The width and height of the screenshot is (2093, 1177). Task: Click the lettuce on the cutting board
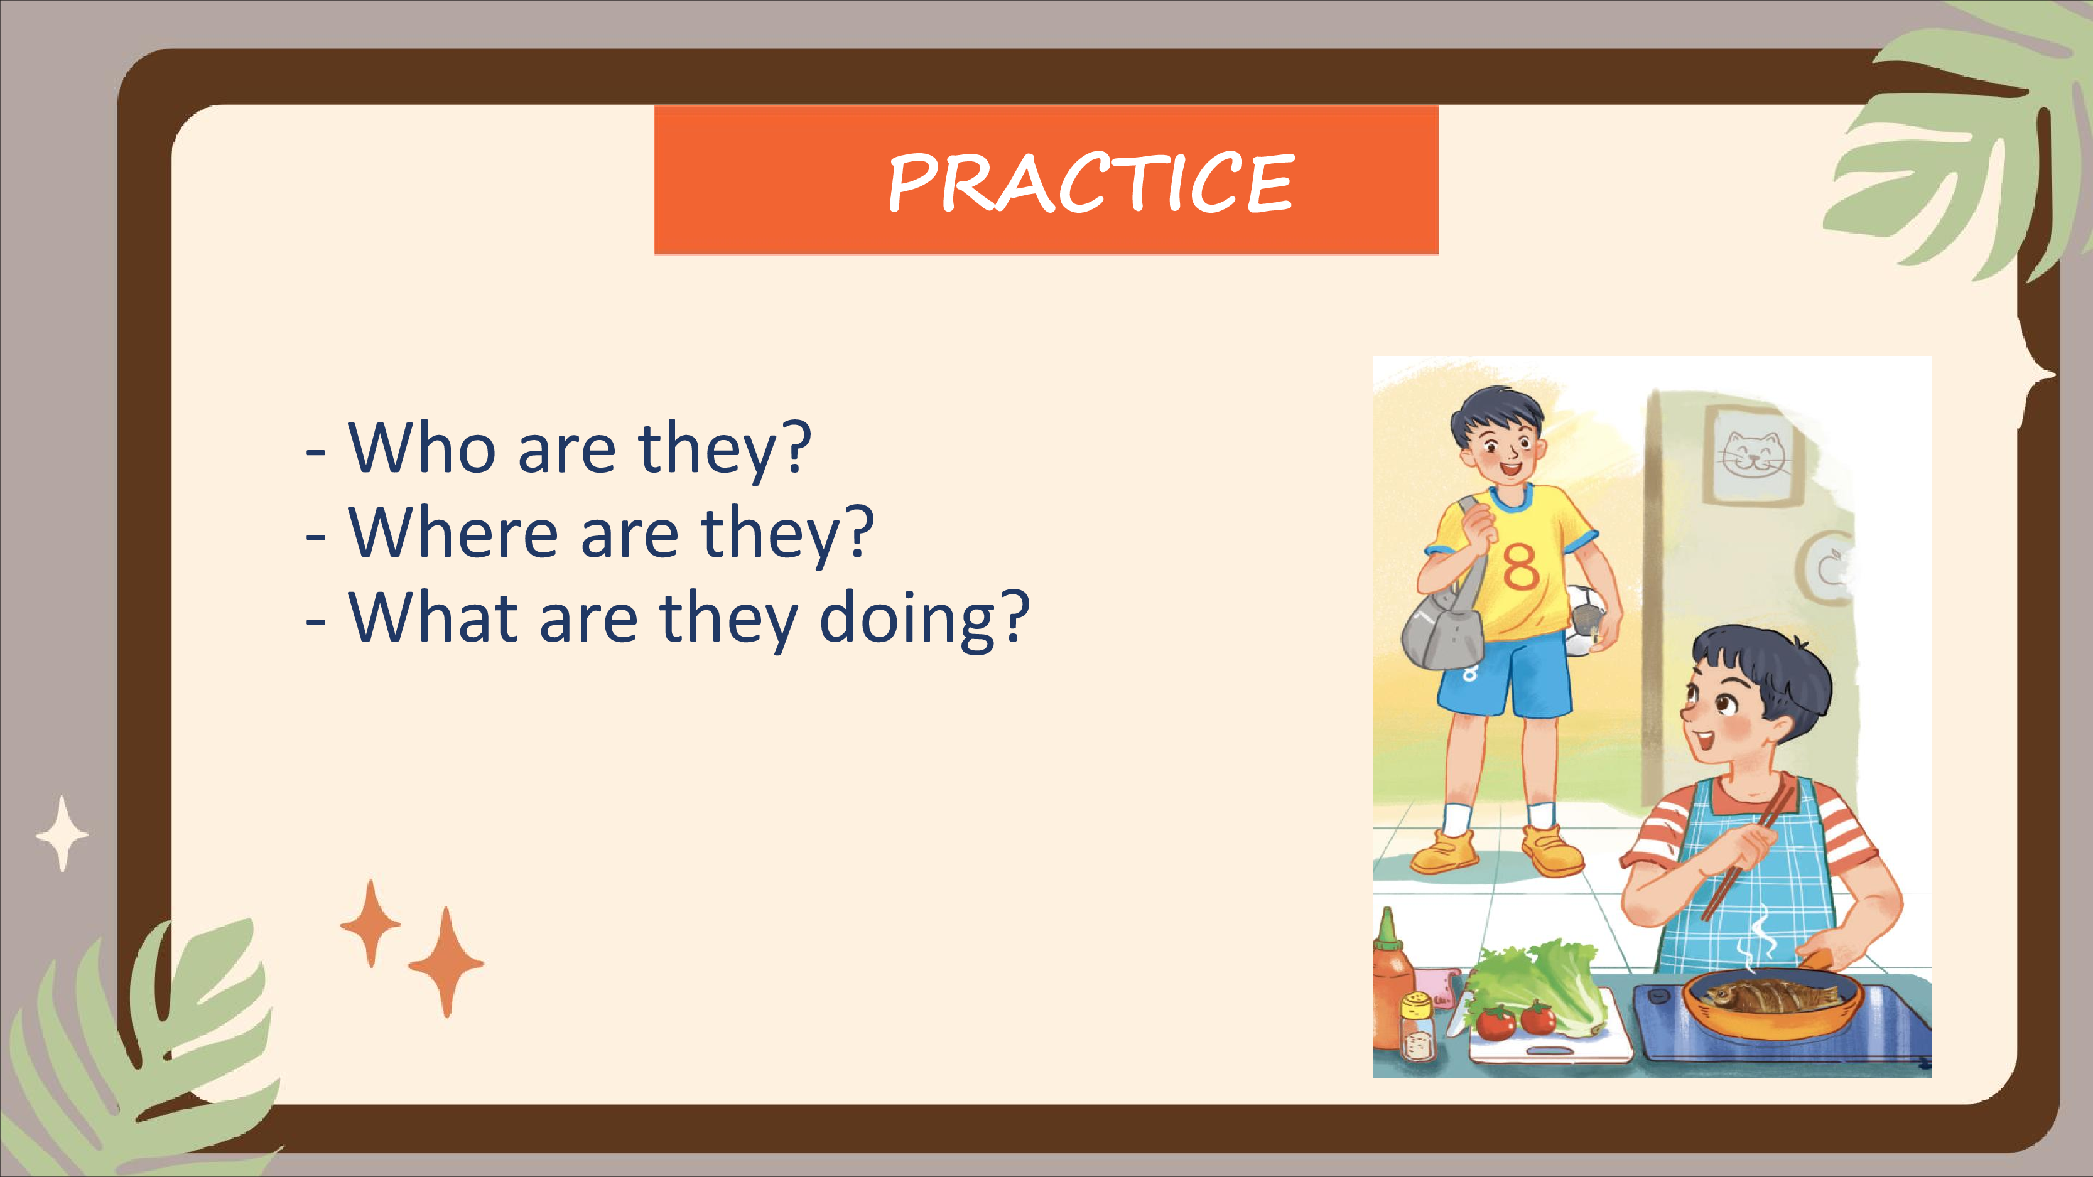[x=1532, y=986]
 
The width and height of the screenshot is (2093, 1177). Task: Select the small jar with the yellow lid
[x=1419, y=1027]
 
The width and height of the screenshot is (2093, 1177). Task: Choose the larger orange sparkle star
[x=446, y=962]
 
